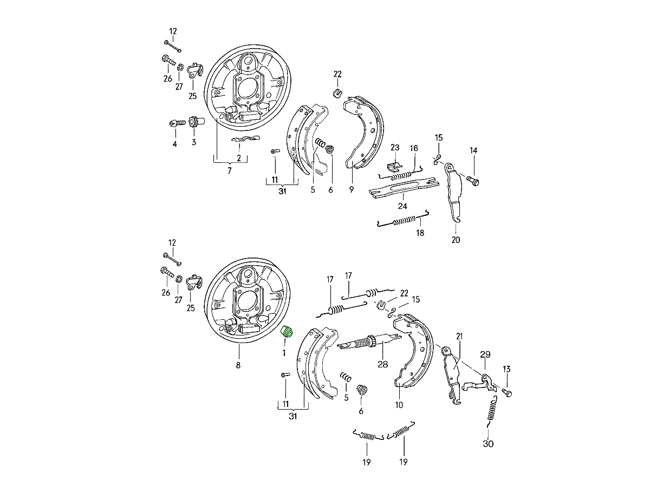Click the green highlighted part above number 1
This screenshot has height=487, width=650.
click(x=287, y=332)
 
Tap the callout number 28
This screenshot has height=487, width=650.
click(x=382, y=364)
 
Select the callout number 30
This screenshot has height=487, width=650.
click(x=488, y=444)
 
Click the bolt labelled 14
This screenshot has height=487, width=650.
click(x=473, y=180)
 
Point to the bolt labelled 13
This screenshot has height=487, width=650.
click(x=506, y=393)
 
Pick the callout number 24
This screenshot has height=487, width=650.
click(x=402, y=206)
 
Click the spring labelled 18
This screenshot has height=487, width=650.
click(x=404, y=220)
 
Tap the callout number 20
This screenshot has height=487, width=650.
click(x=456, y=240)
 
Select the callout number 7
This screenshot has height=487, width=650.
click(x=230, y=170)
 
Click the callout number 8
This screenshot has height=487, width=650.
click(x=238, y=365)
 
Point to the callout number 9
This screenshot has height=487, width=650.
click(x=351, y=189)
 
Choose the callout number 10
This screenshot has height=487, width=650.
click(x=399, y=405)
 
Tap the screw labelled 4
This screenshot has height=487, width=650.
click(x=177, y=123)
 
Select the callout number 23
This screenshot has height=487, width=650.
click(x=395, y=147)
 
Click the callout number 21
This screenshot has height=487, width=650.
click(x=459, y=336)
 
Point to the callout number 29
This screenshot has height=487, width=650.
click(x=485, y=354)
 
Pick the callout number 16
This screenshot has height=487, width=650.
click(x=414, y=148)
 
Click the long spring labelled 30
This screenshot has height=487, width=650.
click(x=492, y=412)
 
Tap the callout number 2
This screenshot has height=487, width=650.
click(x=239, y=158)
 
